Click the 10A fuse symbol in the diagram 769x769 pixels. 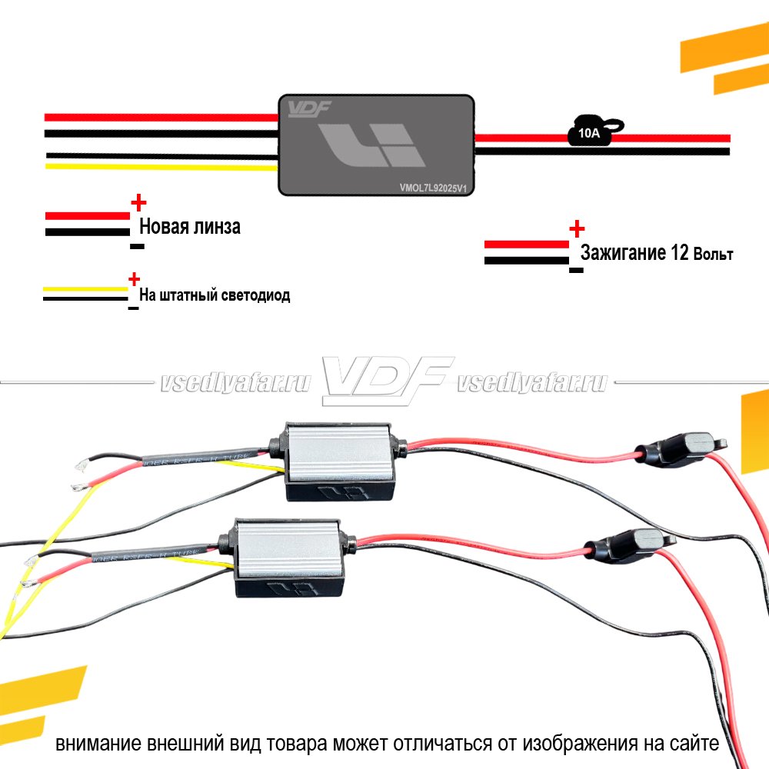(x=588, y=132)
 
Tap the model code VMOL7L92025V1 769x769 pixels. (x=433, y=185)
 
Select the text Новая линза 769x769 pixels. (x=189, y=227)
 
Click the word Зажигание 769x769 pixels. (x=623, y=253)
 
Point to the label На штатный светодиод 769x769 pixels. (x=215, y=295)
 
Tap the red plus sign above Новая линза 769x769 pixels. (x=138, y=203)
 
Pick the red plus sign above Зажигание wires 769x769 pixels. (x=577, y=228)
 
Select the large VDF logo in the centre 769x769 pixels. (x=384, y=380)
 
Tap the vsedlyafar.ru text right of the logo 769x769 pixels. (x=531, y=383)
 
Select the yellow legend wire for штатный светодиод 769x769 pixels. (x=85, y=289)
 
